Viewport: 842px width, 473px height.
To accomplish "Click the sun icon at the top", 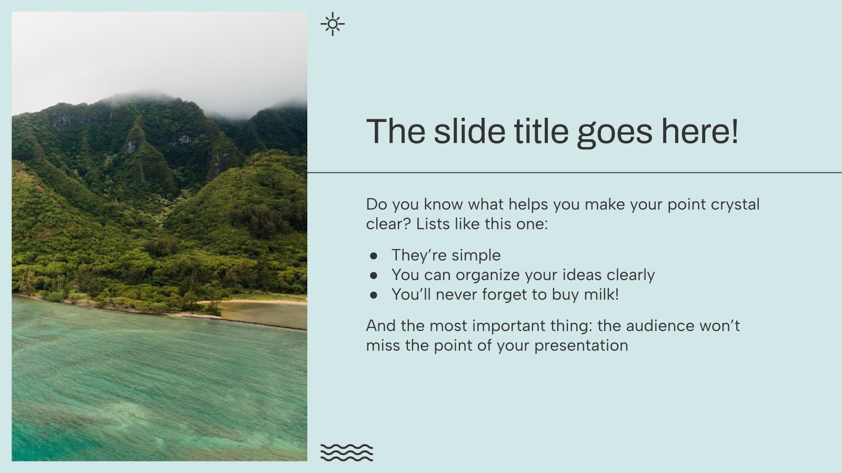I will [333, 24].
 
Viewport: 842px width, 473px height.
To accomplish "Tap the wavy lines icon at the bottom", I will [346, 453].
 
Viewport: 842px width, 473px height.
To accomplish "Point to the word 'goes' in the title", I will [615, 132].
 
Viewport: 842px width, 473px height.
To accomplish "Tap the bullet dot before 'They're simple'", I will [374, 256].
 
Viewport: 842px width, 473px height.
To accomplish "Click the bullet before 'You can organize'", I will [374, 275].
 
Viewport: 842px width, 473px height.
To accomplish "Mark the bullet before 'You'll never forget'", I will [374, 295].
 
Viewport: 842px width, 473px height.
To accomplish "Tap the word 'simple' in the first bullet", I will [476, 256].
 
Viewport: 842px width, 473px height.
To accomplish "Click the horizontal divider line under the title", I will [574, 172].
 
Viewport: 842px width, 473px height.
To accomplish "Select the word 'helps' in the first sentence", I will [527, 204].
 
